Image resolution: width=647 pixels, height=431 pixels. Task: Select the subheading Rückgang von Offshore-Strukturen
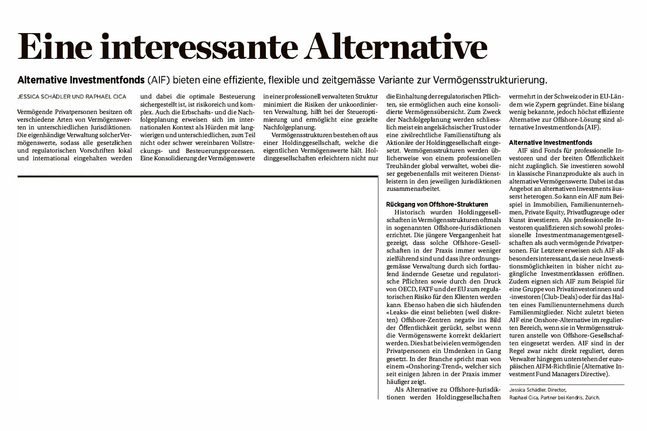click(437, 204)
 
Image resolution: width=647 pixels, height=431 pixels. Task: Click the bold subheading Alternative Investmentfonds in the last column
click(550, 142)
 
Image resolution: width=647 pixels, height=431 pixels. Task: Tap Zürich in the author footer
click(593, 398)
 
